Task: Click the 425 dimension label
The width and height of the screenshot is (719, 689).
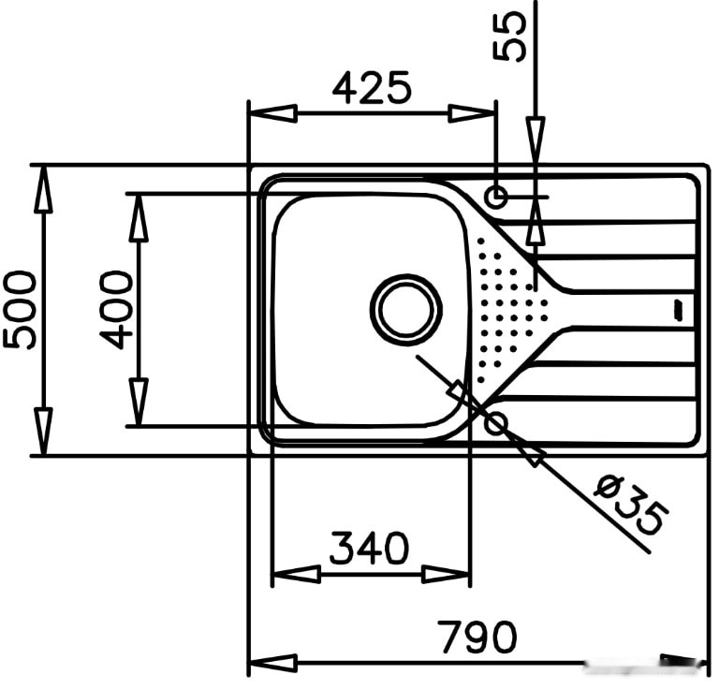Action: tap(372, 87)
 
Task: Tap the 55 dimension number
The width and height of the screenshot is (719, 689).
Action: tap(509, 36)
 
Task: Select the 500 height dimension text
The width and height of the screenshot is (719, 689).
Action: tap(19, 311)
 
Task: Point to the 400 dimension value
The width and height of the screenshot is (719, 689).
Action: tap(115, 311)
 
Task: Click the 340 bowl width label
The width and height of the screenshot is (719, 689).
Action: tap(369, 548)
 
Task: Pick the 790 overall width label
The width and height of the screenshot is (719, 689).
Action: tap(477, 637)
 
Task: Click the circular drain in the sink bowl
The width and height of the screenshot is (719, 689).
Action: tap(405, 310)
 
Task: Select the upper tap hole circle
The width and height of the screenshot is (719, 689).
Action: tap(496, 198)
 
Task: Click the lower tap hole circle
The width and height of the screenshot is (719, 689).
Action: tap(496, 422)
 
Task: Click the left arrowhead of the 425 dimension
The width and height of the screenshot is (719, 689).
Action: tap(272, 113)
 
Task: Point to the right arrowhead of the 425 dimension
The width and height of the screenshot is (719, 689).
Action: tap(472, 113)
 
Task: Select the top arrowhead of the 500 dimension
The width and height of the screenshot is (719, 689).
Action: tap(44, 189)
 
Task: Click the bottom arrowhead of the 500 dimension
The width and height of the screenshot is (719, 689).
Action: tap(44, 432)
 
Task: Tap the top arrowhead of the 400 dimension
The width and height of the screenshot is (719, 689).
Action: tap(139, 218)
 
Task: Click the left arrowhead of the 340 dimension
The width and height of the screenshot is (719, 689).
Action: tap(296, 574)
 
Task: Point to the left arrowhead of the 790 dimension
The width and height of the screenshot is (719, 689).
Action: tap(272, 663)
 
